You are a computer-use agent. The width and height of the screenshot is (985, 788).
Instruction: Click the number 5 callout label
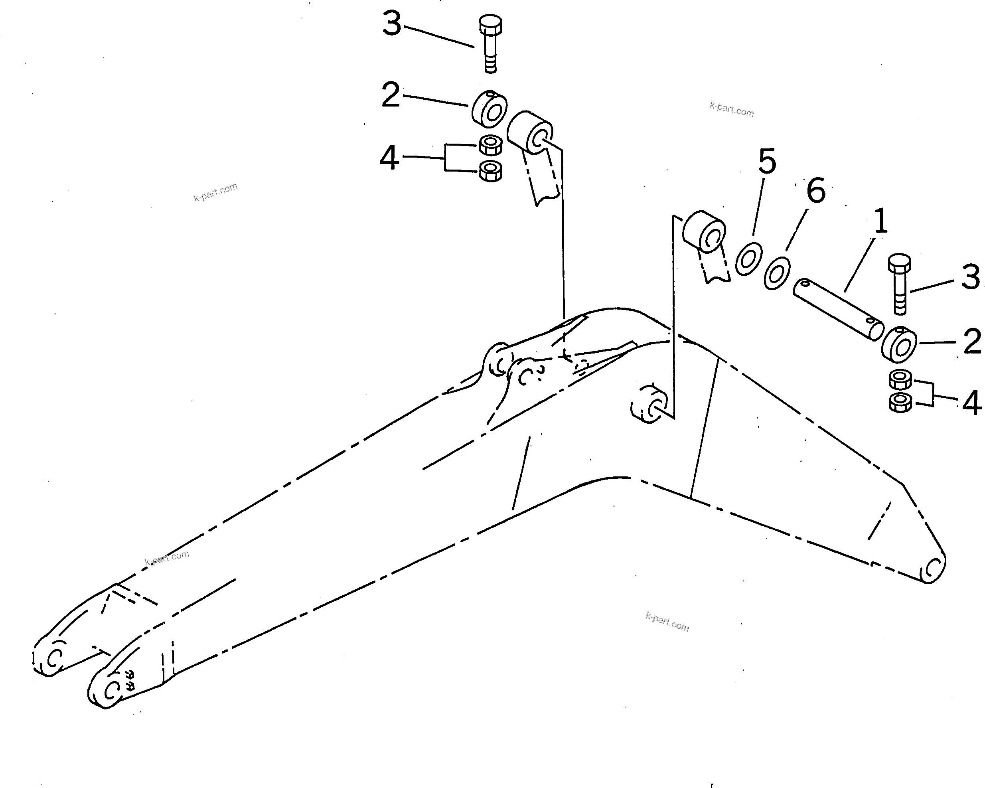(767, 161)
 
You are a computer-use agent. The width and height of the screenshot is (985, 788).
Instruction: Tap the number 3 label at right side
(971, 277)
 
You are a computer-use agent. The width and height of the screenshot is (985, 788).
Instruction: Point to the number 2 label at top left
(391, 95)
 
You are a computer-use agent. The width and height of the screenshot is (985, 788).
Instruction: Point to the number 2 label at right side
(972, 341)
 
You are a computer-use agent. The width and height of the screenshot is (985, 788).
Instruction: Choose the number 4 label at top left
(389, 158)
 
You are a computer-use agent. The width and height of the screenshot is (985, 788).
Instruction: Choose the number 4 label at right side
(972, 403)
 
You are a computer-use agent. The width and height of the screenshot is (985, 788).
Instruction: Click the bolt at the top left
(490, 43)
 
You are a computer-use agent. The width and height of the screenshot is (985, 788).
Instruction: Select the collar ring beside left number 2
(489, 110)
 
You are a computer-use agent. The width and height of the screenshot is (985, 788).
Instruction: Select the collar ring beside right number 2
(899, 345)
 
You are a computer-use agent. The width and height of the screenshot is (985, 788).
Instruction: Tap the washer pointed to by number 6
(777, 273)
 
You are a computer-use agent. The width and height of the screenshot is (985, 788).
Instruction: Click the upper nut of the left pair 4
(491, 145)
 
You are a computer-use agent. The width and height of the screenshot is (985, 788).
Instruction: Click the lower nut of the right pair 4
(900, 403)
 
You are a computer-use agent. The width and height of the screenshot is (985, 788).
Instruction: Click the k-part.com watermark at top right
(731, 110)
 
